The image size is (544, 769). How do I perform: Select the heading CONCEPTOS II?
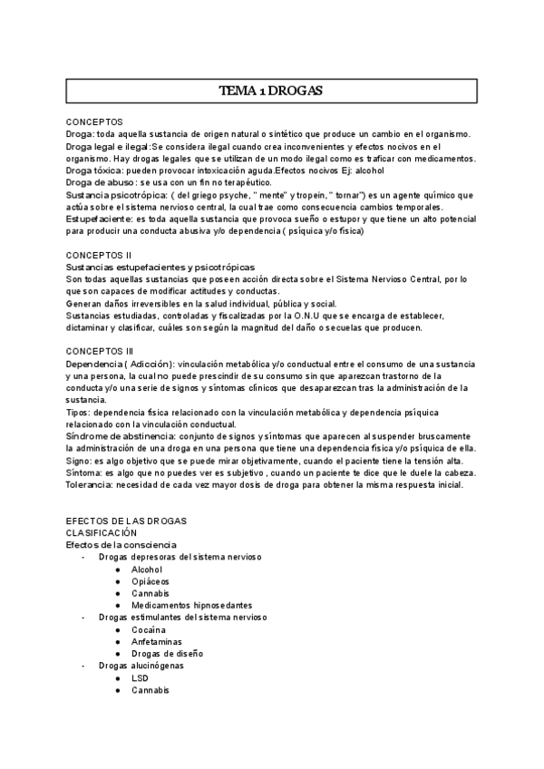point(99,256)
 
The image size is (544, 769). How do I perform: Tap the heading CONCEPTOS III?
point(100,350)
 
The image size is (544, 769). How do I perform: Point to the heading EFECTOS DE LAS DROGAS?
point(127,521)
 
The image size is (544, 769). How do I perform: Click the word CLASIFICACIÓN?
point(102,533)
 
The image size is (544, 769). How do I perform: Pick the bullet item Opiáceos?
point(150,580)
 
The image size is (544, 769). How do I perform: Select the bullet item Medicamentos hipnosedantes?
point(191,605)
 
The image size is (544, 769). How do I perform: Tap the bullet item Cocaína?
point(149,628)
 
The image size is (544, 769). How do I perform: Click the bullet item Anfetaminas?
point(157,640)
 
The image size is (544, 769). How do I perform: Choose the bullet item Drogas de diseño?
point(167,653)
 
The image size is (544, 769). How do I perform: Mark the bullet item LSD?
point(141,677)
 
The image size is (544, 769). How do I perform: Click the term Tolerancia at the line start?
point(88,485)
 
